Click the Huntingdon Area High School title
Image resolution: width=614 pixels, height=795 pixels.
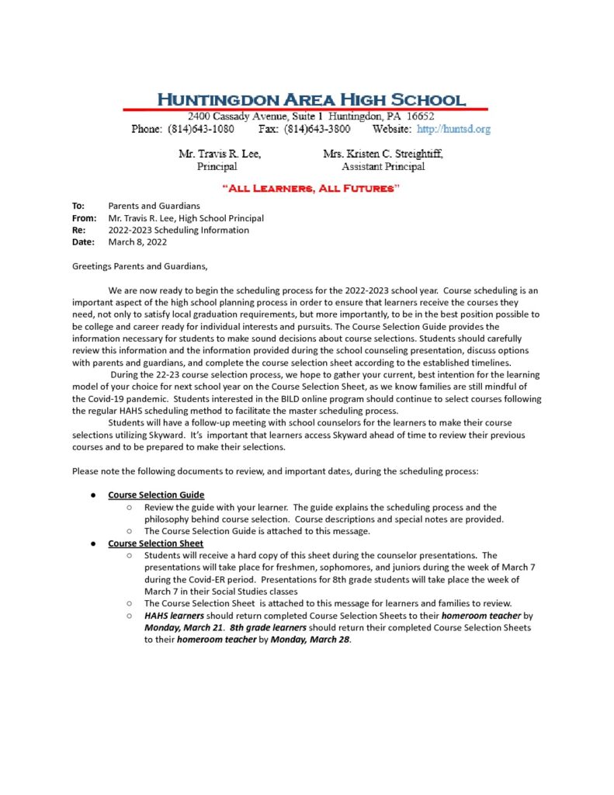(311, 100)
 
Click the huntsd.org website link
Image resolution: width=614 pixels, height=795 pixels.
(454, 129)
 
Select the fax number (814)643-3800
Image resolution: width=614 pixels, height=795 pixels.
(317, 129)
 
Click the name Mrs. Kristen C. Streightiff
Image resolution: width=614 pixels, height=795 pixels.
(383, 154)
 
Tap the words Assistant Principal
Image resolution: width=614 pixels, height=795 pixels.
(383, 166)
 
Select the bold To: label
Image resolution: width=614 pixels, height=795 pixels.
(78, 206)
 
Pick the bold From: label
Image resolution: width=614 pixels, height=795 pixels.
(83, 218)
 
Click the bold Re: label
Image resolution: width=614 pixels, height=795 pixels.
(78, 230)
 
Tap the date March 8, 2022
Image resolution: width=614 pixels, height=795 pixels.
(137, 242)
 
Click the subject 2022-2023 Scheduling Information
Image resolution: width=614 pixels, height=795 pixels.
(179, 230)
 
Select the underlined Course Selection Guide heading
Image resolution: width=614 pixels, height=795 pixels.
(156, 495)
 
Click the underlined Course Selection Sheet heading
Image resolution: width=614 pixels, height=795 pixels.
(155, 543)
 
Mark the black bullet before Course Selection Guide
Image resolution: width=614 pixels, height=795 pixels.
(92, 495)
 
